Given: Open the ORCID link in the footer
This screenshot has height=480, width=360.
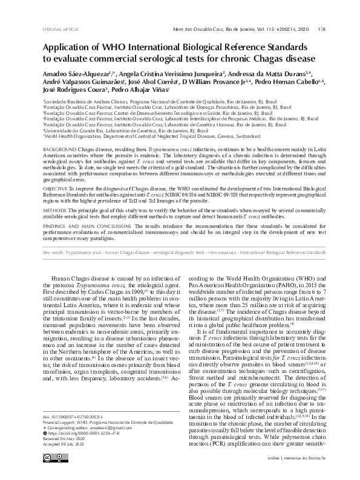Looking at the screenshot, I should (x=79, y=433).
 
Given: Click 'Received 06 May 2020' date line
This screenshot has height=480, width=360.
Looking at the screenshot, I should (x=67, y=439).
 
